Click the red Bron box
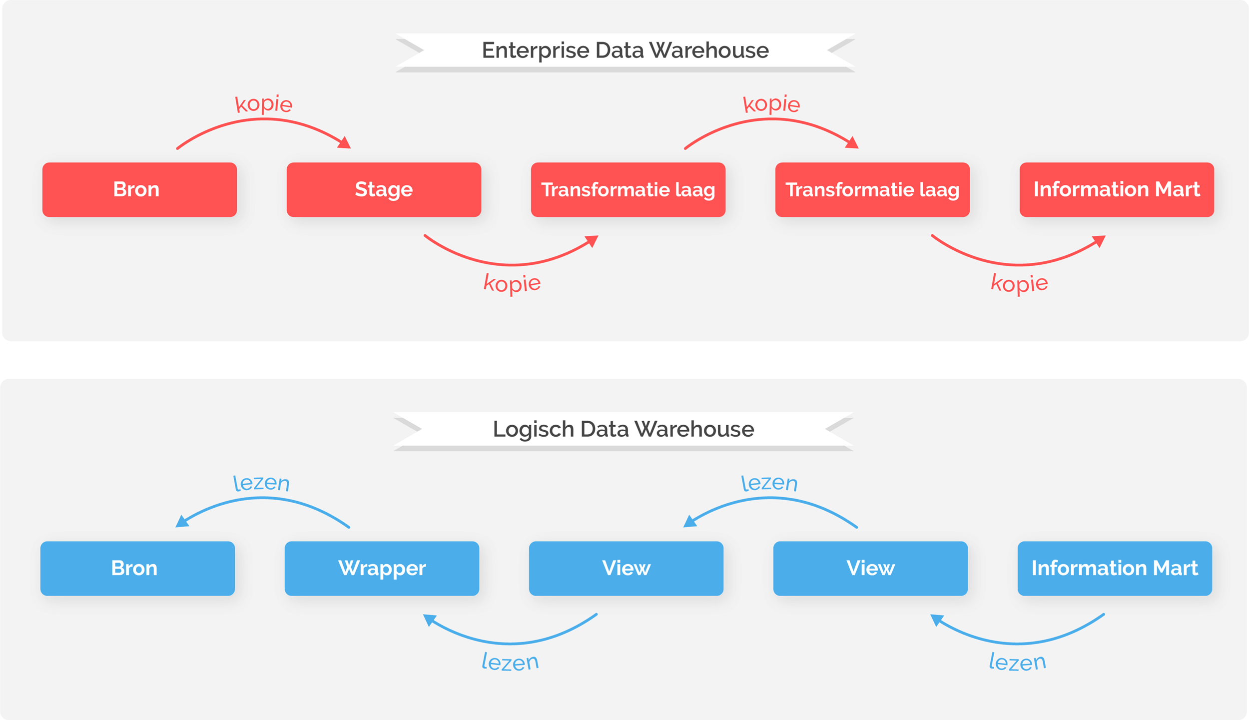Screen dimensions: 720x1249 pos(139,189)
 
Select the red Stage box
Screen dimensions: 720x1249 pos(384,189)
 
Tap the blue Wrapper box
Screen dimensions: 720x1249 pos(382,568)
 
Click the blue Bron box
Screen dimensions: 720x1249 pos(137,568)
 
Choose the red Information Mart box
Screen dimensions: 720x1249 pos(1117,189)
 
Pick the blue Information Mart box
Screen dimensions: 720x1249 pos(1115,568)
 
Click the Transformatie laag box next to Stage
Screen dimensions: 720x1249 pos(628,189)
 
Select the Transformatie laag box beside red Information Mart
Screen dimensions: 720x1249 pos(872,189)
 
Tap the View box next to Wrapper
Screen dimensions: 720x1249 pos(626,568)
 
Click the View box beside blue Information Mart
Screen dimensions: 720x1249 pos(870,568)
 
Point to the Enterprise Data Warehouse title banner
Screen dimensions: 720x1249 pos(625,50)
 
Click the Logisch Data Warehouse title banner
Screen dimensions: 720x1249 pos(623,429)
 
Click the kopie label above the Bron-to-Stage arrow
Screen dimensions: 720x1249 pos(264,104)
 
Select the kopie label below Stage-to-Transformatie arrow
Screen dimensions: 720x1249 pos(512,283)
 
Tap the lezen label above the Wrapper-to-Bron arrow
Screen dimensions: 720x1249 pos(261,483)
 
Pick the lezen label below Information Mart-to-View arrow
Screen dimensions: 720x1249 pos(1017,663)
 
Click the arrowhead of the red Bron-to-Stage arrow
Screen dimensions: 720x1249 pos(345,143)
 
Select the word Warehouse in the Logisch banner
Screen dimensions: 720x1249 pos(694,429)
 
